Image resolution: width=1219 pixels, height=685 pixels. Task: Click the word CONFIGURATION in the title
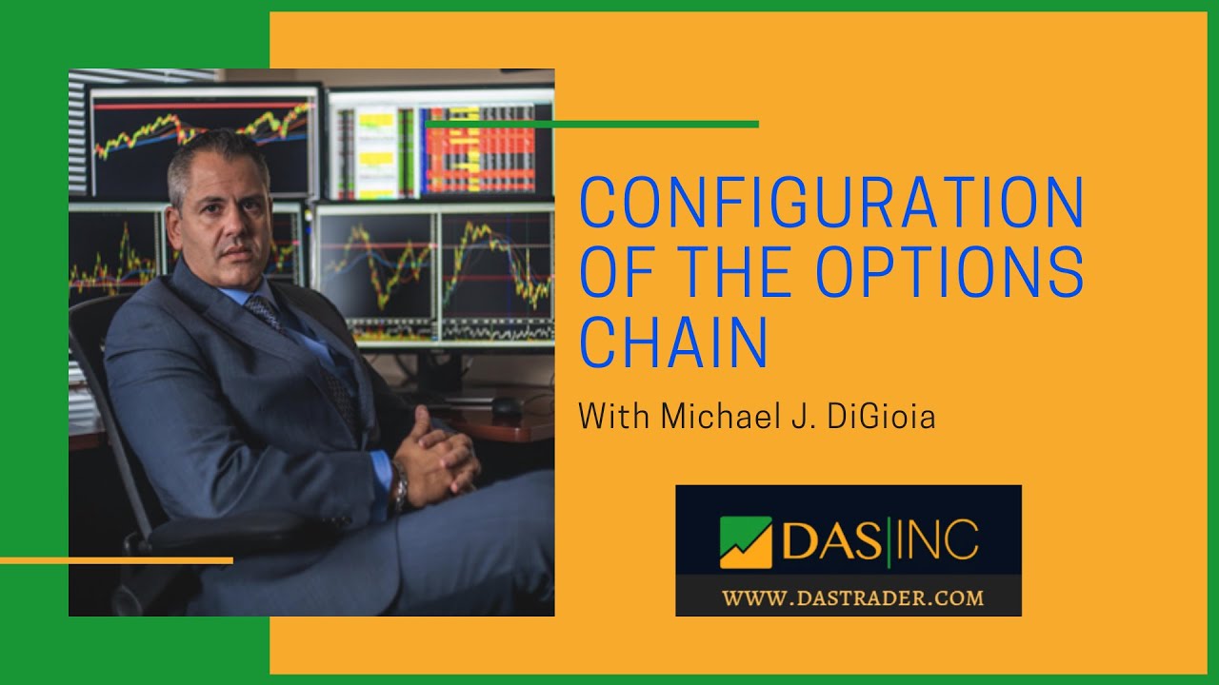coord(831,203)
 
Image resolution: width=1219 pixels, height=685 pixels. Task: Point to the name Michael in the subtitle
coord(693,417)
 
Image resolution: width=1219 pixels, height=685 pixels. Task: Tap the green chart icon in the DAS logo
coord(746,541)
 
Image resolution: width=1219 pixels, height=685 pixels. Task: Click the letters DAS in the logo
coord(829,540)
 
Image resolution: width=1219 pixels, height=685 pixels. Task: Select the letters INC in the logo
coord(938,540)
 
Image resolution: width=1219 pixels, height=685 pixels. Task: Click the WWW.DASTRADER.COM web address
coord(851,598)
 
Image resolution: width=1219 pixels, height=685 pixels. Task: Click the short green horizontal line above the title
coord(591,124)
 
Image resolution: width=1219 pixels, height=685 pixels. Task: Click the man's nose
coord(240,225)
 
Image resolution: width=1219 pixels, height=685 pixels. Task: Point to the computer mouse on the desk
coord(506,407)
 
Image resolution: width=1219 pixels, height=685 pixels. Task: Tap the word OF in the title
coord(614,273)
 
